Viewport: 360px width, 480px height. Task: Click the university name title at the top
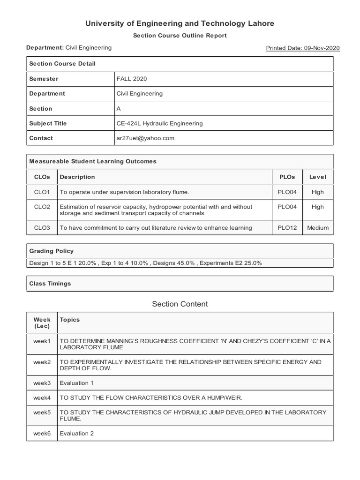tap(180, 23)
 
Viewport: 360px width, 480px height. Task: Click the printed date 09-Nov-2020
tap(302, 48)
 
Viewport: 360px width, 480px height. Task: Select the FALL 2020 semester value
tap(131, 79)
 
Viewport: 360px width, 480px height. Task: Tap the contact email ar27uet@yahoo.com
tap(145, 138)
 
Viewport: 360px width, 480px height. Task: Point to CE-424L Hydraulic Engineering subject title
tap(159, 123)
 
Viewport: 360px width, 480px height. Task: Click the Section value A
tap(119, 108)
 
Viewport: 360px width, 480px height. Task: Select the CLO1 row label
tap(42, 192)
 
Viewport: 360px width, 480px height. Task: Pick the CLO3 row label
tap(42, 228)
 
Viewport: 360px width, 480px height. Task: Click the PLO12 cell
tap(287, 228)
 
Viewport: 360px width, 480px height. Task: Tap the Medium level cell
tap(317, 228)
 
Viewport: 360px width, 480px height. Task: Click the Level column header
tap(317, 177)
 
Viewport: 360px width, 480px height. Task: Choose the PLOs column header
tap(287, 177)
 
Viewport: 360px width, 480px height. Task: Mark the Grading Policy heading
tap(51, 251)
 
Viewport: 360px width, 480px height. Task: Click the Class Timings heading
tap(50, 284)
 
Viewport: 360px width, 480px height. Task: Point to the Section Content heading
tap(180, 304)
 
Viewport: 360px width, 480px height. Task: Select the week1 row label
tap(42, 341)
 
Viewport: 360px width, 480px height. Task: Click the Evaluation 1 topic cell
tap(76, 383)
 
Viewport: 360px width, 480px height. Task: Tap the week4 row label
tap(42, 397)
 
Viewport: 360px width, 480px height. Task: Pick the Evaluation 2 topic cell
tap(76, 433)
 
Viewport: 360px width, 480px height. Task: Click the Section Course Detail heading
tap(62, 64)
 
